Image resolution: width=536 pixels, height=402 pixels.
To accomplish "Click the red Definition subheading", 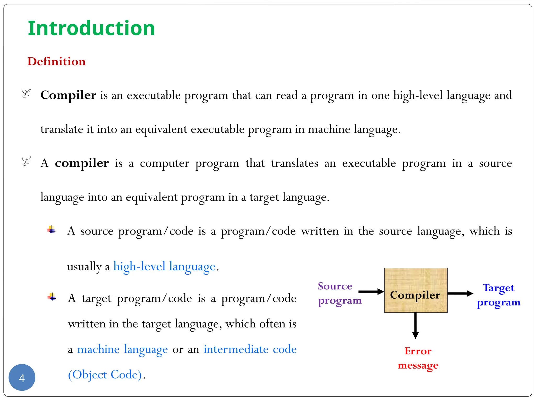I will (57, 62).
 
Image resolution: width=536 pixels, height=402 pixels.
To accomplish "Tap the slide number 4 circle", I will (22, 377).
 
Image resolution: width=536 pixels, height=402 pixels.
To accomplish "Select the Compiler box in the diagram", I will (416, 290).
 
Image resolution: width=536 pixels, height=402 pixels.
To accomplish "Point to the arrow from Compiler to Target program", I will (460, 293).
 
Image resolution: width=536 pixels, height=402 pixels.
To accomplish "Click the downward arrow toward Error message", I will (415, 326).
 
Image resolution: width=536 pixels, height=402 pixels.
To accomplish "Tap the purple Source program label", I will (339, 293).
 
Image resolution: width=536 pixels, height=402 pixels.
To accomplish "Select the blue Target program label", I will (499, 295).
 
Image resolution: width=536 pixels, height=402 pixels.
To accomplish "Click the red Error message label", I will (418, 358).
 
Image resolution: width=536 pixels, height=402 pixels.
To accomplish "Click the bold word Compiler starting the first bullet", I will (68, 95).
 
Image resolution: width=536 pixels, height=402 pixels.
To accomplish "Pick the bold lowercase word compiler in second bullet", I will (82, 163).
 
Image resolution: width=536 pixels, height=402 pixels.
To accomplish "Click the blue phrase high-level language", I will (164, 267).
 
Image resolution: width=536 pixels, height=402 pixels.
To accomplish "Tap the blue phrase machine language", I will (122, 349).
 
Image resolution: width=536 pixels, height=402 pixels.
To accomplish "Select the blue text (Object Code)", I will (105, 375).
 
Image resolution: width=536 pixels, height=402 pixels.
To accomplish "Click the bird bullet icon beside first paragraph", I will (26, 93).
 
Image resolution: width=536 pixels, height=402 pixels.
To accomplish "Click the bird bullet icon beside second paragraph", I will (26, 161).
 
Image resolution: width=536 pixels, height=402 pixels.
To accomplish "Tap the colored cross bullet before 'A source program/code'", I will (51, 230).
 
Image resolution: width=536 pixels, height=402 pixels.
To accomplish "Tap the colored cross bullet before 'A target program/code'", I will (52, 297).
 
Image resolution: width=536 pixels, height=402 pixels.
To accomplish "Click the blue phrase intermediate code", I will (250, 349).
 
